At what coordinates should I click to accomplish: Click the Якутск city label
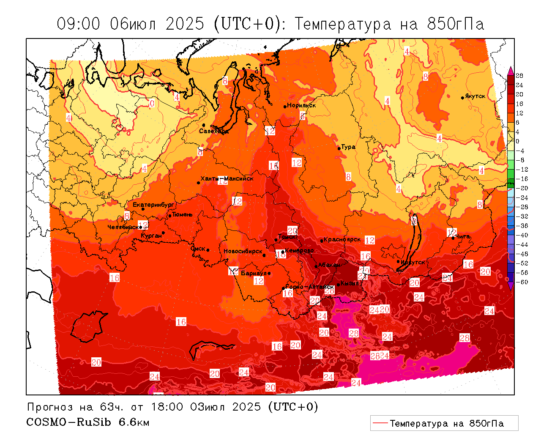pyautogui.click(x=475, y=96)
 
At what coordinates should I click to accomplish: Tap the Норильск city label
pyautogui.click(x=301, y=105)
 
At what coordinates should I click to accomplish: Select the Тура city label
pyautogui.click(x=348, y=147)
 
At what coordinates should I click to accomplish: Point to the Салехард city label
pyautogui.click(x=214, y=131)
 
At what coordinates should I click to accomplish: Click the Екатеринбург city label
pyautogui.click(x=153, y=205)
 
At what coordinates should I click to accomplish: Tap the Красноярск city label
pyautogui.click(x=342, y=239)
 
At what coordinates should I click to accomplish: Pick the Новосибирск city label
pyautogui.click(x=243, y=251)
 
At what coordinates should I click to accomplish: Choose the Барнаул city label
pyautogui.click(x=254, y=273)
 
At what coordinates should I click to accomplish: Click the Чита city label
pyautogui.click(x=463, y=236)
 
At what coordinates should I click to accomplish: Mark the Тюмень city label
pyautogui.click(x=182, y=214)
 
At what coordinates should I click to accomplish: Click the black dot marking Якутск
pyautogui.click(x=463, y=98)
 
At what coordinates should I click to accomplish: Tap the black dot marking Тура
pyautogui.click(x=339, y=148)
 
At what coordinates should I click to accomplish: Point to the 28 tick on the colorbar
pyautogui.click(x=519, y=76)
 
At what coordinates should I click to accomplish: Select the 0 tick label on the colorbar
pyautogui.click(x=517, y=141)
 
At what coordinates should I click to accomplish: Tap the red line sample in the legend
pyautogui.click(x=380, y=423)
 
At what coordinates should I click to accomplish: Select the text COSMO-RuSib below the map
pyautogui.click(x=69, y=422)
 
